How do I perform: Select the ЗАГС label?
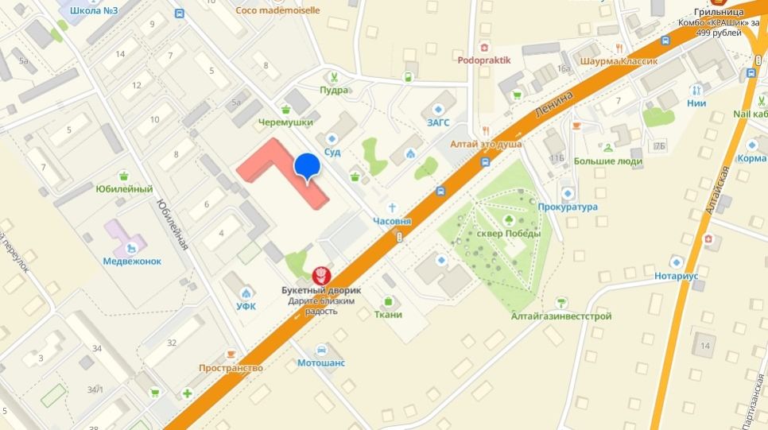coord(438,122)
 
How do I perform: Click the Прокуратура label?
coord(567,207)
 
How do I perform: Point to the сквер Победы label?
coord(509,233)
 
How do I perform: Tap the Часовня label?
coord(393,220)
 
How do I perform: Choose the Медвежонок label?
coord(132,261)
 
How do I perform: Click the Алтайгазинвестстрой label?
coord(561,316)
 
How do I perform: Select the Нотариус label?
coord(677,275)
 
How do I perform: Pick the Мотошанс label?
coord(321,363)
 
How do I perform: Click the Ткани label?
coord(388,314)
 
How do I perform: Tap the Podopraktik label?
coord(484,60)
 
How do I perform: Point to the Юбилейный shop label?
coord(124,189)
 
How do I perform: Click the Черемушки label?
coord(285,122)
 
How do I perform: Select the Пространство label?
coord(231,368)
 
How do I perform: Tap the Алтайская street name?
coord(718,191)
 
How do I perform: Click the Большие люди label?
coord(608,161)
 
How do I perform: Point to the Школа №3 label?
coord(94,11)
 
